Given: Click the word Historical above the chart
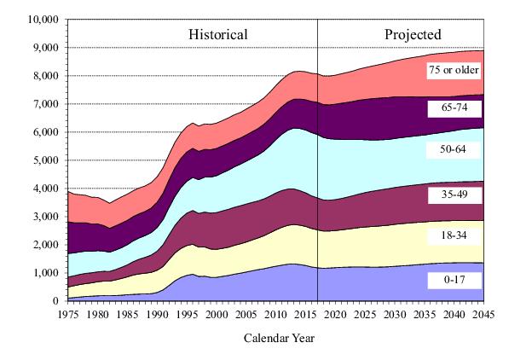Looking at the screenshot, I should click(x=218, y=35).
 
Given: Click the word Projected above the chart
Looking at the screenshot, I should click(x=413, y=35).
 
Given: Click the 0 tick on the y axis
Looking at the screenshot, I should click(x=56, y=301).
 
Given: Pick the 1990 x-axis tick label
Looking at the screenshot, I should click(x=157, y=313).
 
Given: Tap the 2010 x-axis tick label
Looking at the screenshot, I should click(x=275, y=313).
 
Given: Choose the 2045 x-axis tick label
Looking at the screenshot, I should click(x=483, y=313).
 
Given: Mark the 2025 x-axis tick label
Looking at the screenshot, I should click(x=365, y=313).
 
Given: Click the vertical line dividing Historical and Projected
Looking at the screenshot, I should click(x=317, y=171).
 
